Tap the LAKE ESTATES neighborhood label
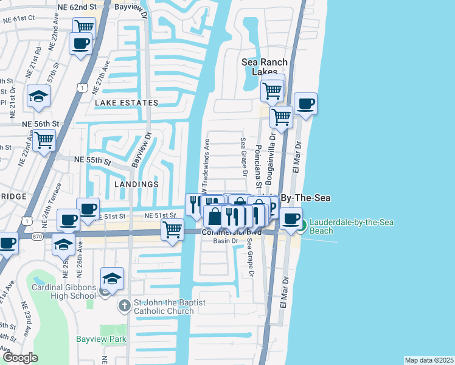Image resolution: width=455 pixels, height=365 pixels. click(x=127, y=103)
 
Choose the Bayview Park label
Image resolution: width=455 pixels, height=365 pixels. click(x=92, y=339)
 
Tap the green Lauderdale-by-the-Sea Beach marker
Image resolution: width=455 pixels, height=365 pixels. click(x=302, y=226)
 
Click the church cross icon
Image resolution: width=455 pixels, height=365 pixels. click(x=124, y=304)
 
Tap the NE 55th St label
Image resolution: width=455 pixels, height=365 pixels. click(x=92, y=161)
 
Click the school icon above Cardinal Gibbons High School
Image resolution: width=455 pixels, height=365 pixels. click(x=112, y=278)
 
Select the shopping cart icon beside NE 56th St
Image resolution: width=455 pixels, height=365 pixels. click(x=44, y=141)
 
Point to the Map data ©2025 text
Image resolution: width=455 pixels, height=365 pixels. click(x=429, y=360)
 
